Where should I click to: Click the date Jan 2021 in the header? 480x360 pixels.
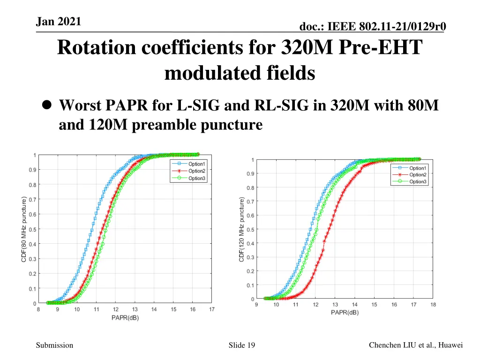(x=59, y=21)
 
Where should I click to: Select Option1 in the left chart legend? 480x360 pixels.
(x=197, y=164)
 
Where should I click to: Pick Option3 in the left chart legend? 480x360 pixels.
(x=197, y=178)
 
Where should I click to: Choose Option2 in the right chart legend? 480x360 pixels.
(x=418, y=175)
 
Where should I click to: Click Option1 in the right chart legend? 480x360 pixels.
(x=418, y=168)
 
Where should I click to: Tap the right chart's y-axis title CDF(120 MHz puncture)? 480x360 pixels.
(x=242, y=230)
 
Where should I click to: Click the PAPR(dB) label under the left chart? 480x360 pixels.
(x=125, y=318)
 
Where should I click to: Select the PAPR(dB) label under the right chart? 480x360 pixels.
(x=345, y=312)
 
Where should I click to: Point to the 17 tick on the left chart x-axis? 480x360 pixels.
(x=212, y=309)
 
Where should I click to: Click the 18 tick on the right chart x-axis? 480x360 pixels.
(x=433, y=305)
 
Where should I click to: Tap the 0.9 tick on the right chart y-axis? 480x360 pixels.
(x=251, y=174)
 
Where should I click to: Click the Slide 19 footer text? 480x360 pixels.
(x=242, y=345)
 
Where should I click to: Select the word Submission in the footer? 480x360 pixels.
(x=54, y=345)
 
